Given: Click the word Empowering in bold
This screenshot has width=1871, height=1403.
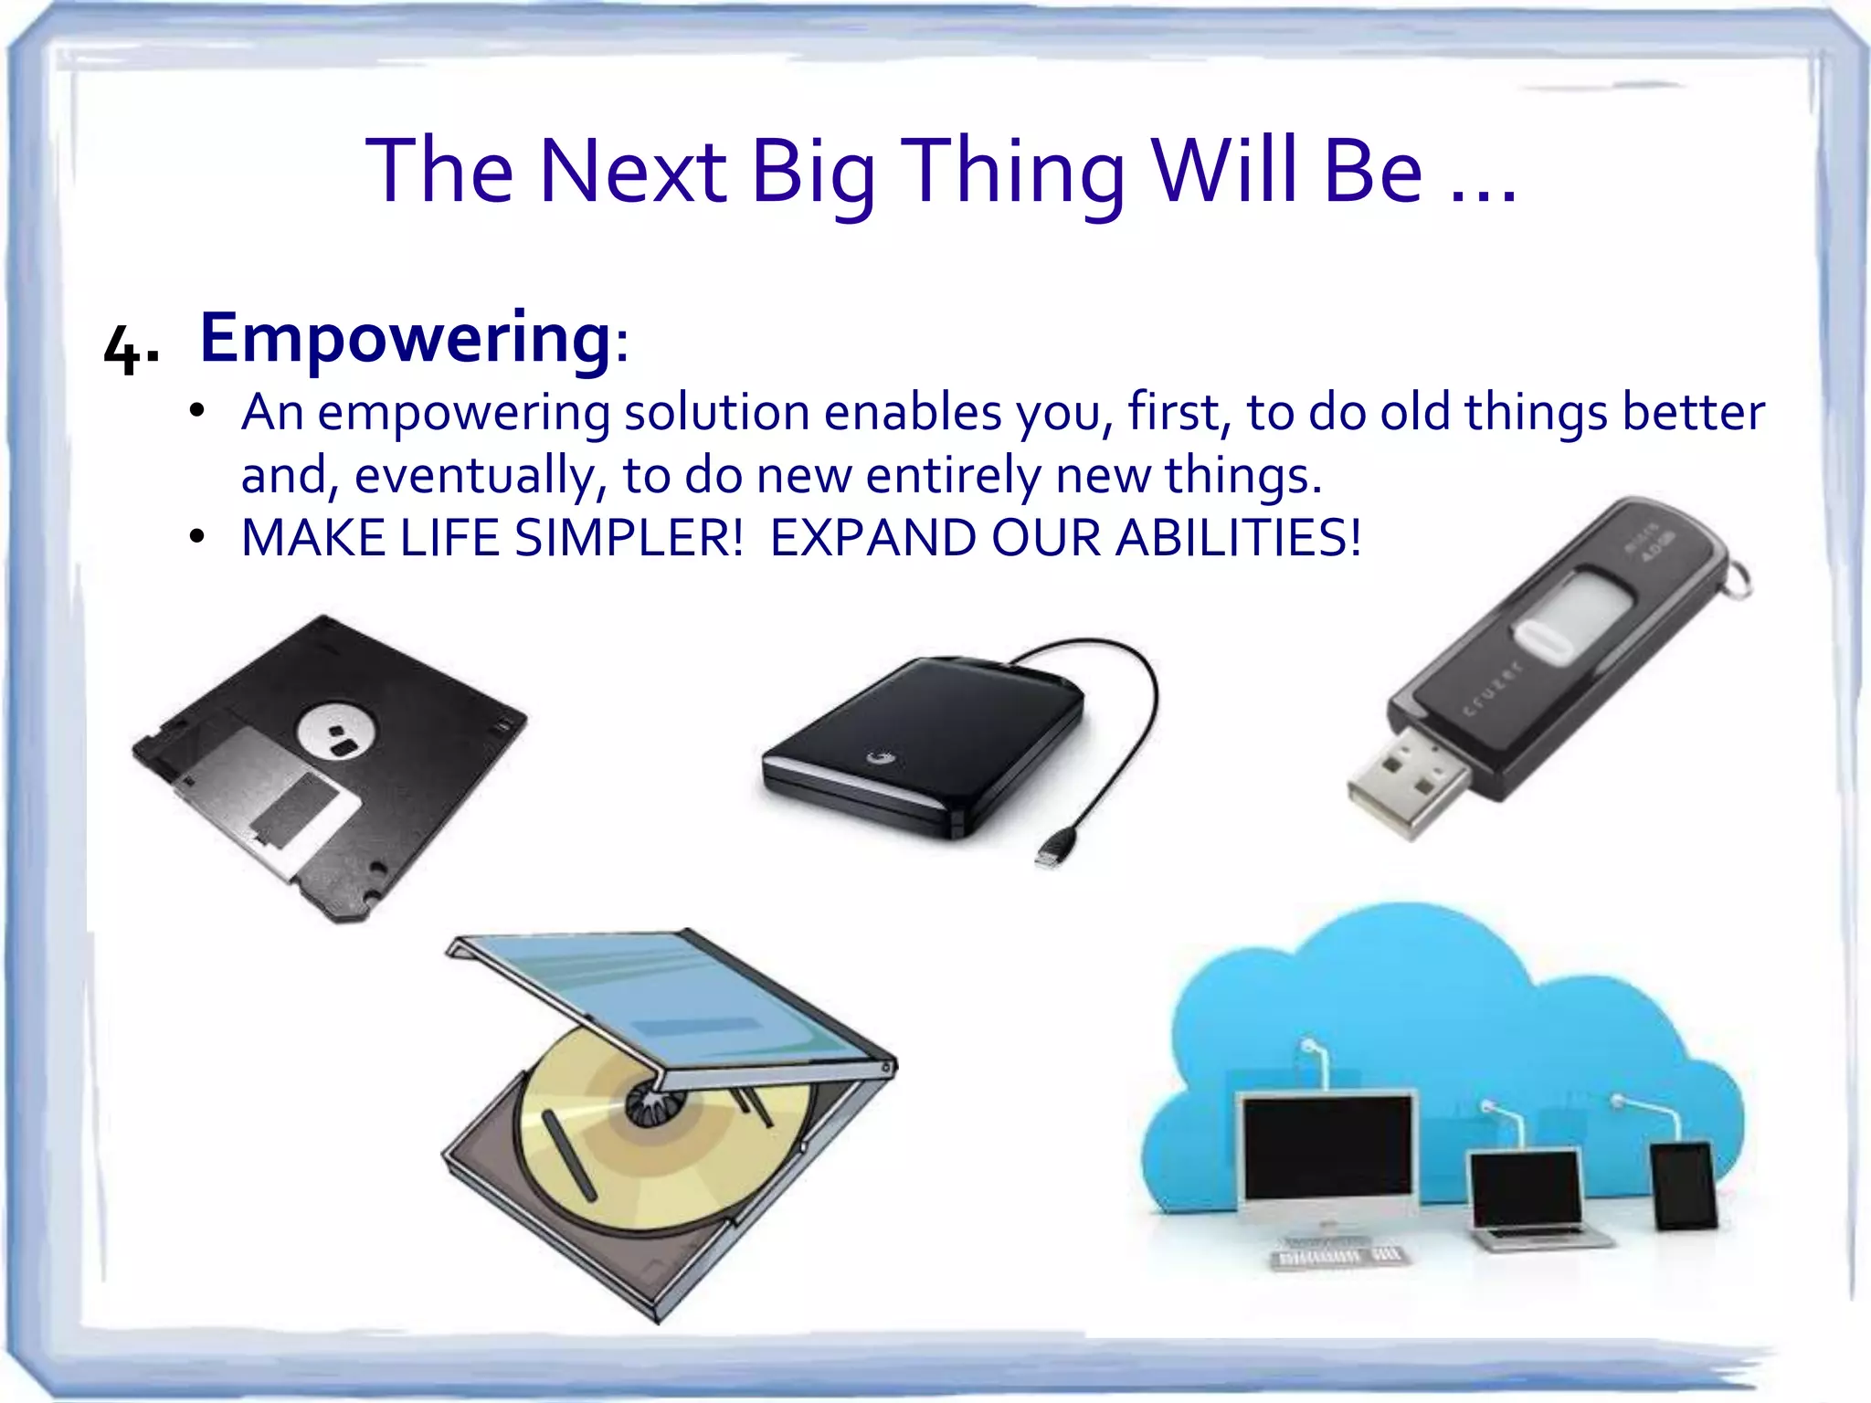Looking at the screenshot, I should (x=405, y=338).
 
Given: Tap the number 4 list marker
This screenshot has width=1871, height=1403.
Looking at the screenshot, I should (x=122, y=349).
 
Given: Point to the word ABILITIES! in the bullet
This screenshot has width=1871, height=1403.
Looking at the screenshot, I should (x=1238, y=537).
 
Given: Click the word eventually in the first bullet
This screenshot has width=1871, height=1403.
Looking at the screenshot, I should (x=474, y=475).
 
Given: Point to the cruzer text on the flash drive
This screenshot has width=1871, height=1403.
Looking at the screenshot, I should (x=1493, y=689).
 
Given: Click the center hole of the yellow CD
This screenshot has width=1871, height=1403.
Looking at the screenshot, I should (x=648, y=1107).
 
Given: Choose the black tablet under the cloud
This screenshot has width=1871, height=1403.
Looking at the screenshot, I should (x=1683, y=1186).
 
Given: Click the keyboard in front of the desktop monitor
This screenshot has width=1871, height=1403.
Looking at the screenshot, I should (x=1338, y=1257).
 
